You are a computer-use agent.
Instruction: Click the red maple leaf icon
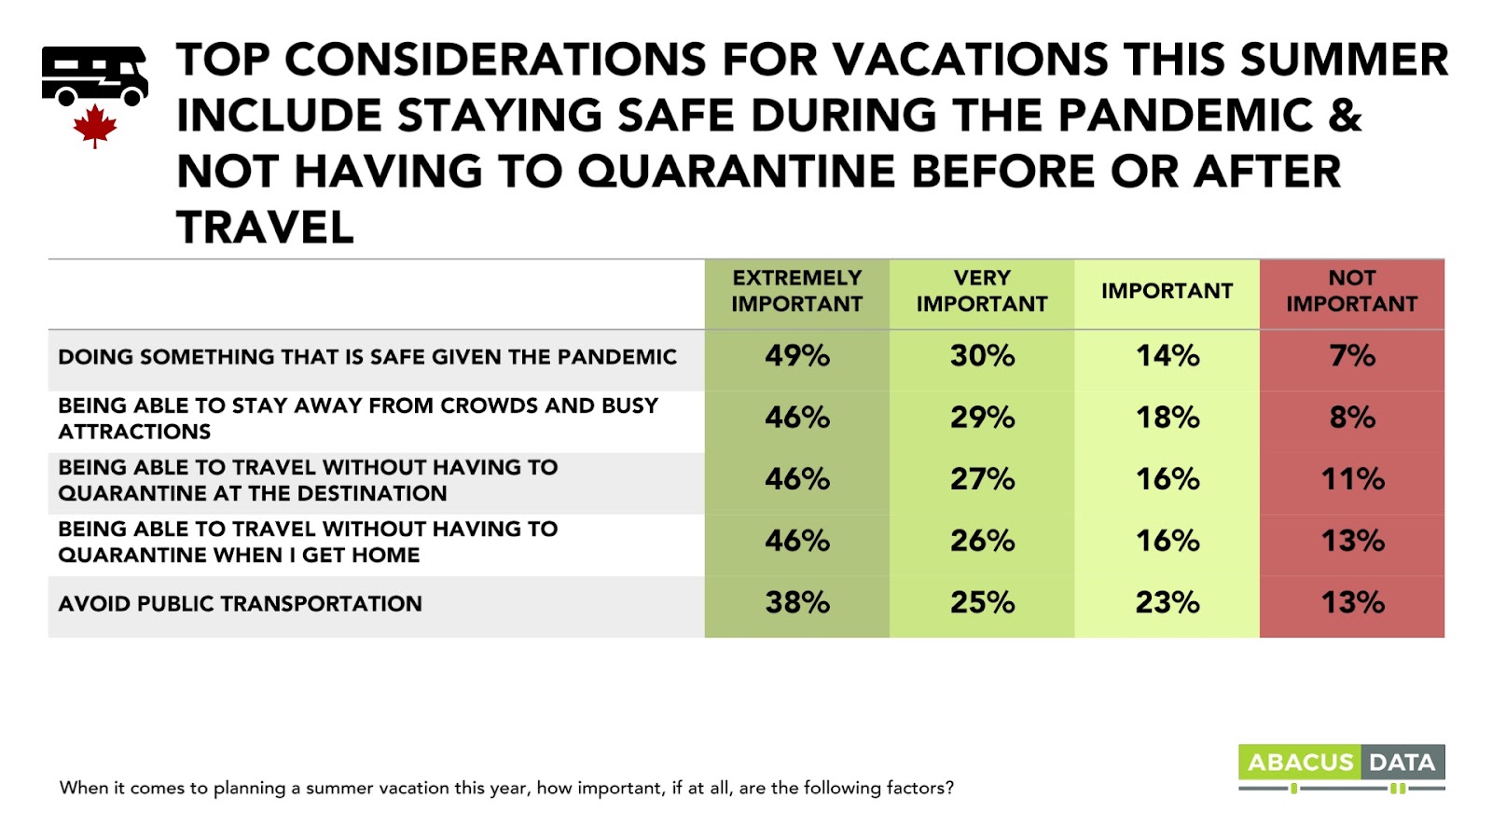pos(95,126)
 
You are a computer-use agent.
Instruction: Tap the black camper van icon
pos(94,76)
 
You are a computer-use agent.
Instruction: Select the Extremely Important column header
pos(796,291)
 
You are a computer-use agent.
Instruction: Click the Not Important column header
pos(1351,291)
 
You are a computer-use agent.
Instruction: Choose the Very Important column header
pos(982,291)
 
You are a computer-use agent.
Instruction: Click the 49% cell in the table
pos(797,355)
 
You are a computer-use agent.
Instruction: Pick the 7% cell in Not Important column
pos(1352,355)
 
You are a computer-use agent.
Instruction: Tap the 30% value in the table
pos(983,355)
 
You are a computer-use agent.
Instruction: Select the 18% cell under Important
pos(1167,418)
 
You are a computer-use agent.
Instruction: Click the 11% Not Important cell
pos(1352,479)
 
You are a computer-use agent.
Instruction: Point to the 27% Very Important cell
pos(983,479)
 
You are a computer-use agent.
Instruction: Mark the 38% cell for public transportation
pos(797,602)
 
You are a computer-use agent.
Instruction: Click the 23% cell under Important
pos(1167,602)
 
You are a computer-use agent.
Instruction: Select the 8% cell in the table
pos(1352,418)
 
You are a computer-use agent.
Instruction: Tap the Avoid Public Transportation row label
pos(240,604)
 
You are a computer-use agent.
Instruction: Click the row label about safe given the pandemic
pos(367,357)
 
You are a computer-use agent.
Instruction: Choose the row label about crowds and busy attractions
pos(358,419)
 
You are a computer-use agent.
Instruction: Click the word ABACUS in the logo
pos(1300,762)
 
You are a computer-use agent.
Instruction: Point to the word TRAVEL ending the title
pos(265,227)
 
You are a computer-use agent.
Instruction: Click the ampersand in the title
pos(1346,115)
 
